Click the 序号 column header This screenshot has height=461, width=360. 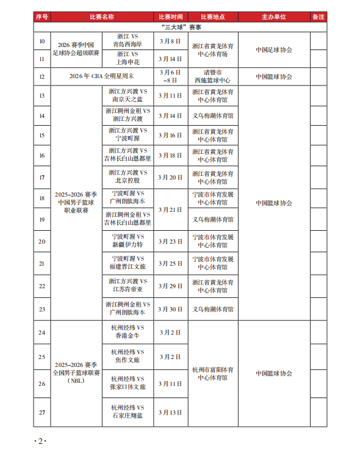42,17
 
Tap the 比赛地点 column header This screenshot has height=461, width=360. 213,17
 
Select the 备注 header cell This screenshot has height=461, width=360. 319,17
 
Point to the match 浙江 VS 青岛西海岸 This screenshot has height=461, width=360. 127,40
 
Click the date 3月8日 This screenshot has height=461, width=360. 170,40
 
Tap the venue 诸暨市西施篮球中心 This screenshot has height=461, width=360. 212,76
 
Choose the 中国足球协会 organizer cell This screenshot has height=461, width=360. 274,49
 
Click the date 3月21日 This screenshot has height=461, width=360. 170,209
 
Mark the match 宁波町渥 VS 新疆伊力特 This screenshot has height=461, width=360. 127,241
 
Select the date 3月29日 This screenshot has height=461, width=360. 170,286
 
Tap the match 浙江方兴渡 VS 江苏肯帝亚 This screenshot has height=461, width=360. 127,286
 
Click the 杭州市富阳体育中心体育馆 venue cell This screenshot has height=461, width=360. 212,373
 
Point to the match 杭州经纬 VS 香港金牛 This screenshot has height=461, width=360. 127,332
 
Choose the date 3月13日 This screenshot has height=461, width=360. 170,412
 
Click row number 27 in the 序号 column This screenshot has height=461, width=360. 42,412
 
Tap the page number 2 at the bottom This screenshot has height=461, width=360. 40,441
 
